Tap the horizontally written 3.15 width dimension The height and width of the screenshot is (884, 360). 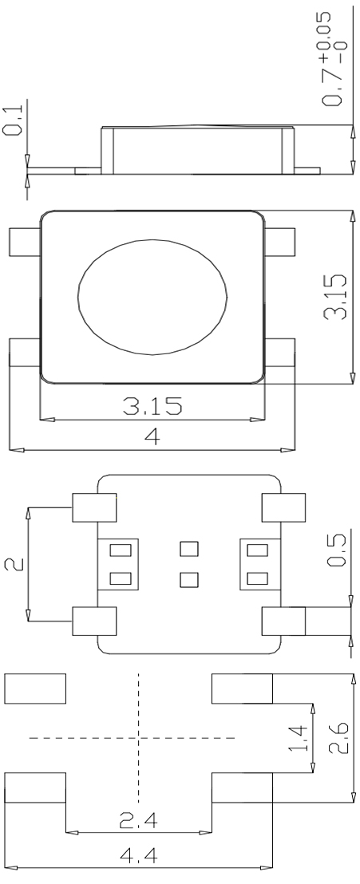pos(152,406)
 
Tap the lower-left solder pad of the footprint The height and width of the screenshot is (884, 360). pos(35,787)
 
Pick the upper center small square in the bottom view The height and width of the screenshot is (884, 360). pos(188,549)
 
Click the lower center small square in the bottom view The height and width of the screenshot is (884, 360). pos(188,579)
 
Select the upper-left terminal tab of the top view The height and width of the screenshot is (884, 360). pos(24,242)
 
